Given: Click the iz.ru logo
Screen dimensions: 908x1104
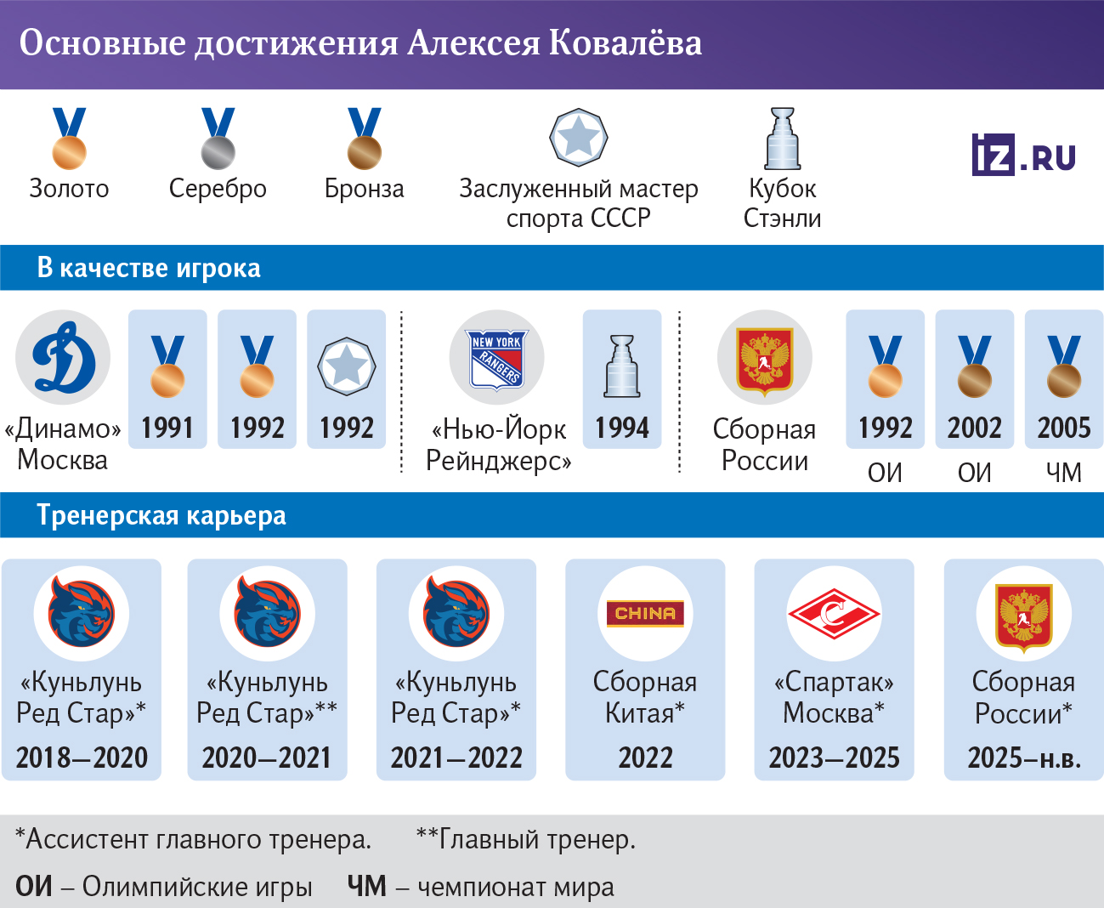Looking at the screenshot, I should pos(1023,155).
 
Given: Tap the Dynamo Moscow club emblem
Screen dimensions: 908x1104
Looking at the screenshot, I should pos(63,357).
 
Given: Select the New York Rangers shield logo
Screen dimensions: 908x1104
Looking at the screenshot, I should pos(497,358).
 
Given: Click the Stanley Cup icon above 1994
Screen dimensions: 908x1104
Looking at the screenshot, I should pos(622,366).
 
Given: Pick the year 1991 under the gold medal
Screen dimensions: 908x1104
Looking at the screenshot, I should pos(167,428).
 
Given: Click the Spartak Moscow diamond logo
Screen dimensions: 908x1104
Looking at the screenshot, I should pos(834,613).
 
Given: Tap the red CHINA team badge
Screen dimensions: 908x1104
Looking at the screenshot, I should pos(645,613).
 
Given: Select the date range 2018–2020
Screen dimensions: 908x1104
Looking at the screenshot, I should pos(82,757).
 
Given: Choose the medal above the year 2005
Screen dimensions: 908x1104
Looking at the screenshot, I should pos(1063,366).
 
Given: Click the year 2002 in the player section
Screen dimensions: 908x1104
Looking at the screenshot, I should pos(974,428).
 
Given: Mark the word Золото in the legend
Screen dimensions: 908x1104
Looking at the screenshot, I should pos(69,188).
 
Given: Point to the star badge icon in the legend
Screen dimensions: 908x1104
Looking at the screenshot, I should pos(578,137).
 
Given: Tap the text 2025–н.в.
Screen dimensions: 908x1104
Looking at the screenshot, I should pos(1024,757).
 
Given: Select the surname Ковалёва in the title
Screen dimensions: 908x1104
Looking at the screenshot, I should pos(626,43).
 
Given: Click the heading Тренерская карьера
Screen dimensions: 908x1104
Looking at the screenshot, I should pos(161,515).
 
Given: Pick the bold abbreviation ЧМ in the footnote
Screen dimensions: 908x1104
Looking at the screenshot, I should pos(366,886).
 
